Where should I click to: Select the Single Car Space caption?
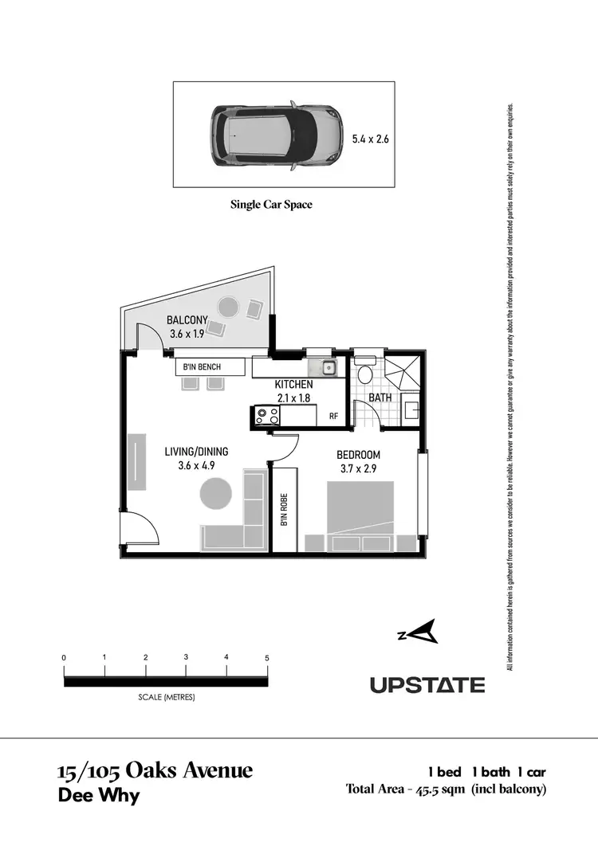coord(271,205)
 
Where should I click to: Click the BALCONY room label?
coord(187,320)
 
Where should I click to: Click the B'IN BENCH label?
coord(202,366)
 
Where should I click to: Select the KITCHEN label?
coord(293,385)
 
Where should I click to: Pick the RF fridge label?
coord(334,415)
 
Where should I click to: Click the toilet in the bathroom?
coord(364,374)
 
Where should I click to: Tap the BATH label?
coord(380,398)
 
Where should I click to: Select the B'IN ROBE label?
coord(284,510)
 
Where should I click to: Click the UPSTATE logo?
coord(427,684)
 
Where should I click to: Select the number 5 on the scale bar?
coord(268,658)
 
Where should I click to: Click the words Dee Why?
coord(99,795)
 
